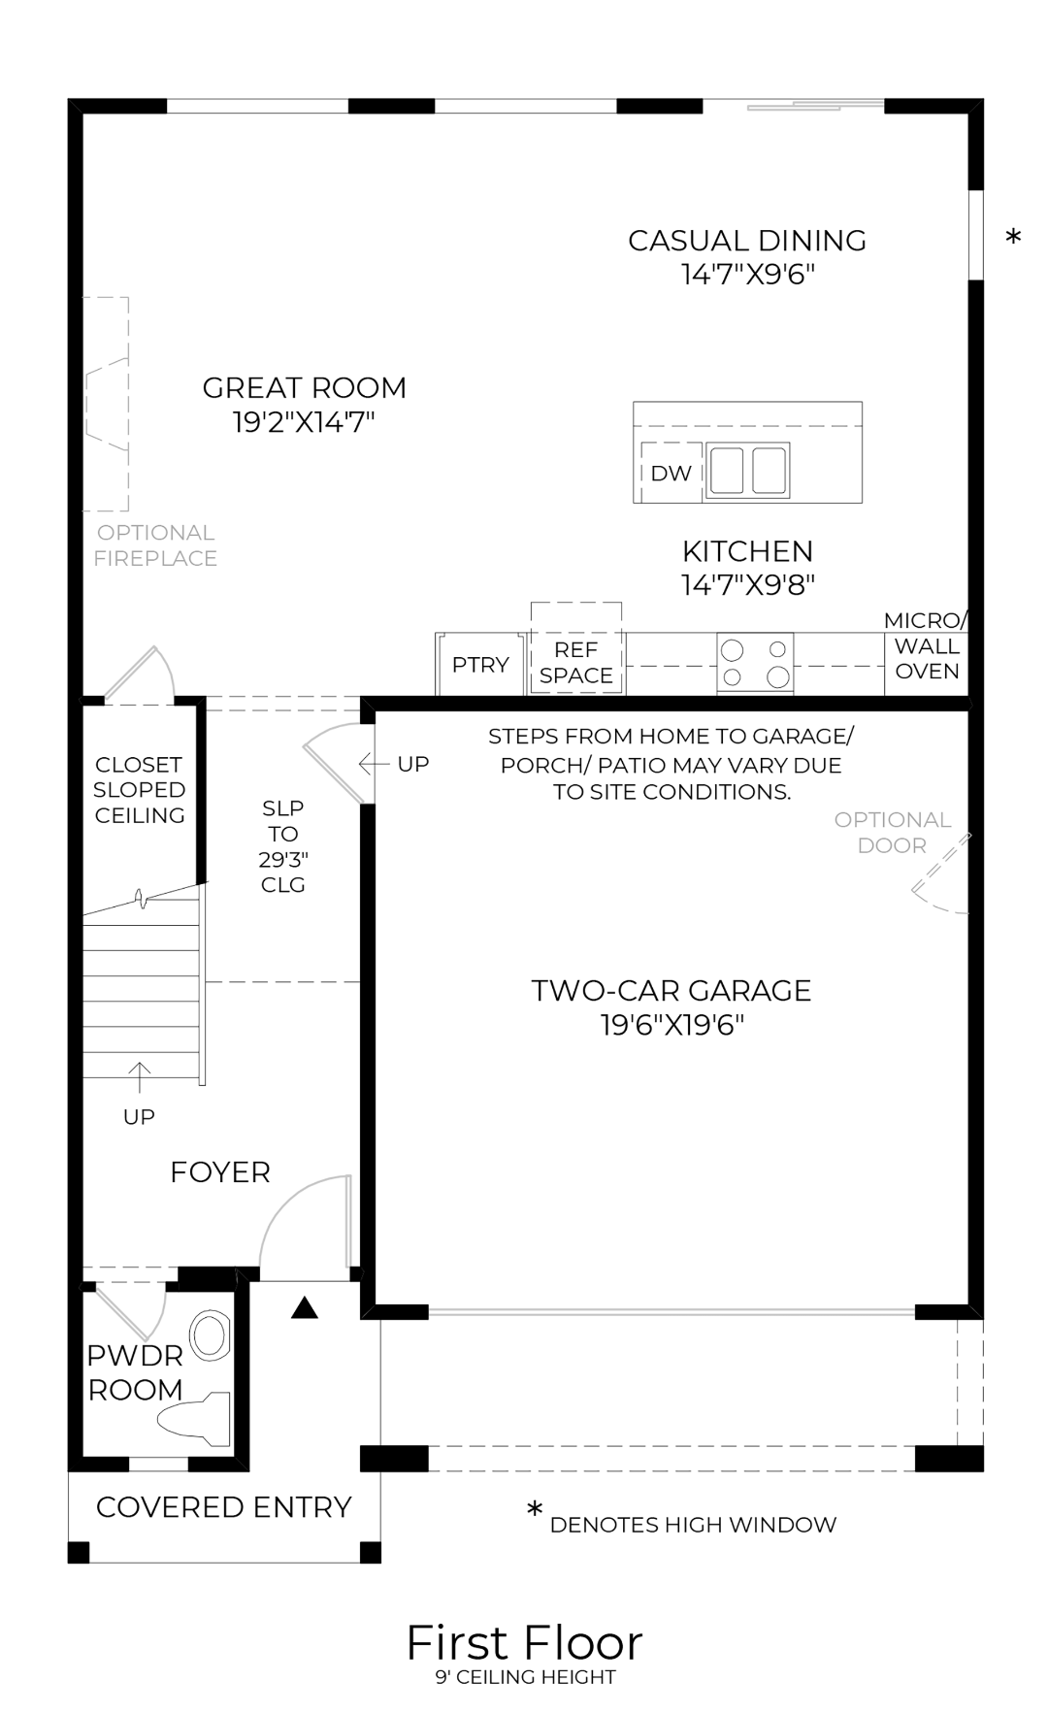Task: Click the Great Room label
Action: [304, 388]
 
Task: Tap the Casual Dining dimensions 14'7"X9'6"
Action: [747, 275]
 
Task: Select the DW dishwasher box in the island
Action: [671, 473]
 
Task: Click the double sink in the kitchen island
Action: [746, 470]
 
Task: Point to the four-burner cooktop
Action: [755, 664]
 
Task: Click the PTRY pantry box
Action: [480, 665]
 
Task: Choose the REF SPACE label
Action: [576, 663]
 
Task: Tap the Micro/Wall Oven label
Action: [927, 646]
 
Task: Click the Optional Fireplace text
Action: [155, 545]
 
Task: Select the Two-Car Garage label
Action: [671, 991]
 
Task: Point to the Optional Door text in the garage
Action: [892, 833]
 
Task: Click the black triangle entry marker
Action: [305, 1309]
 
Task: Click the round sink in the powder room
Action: [209, 1335]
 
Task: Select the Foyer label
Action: [220, 1172]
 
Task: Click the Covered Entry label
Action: [223, 1507]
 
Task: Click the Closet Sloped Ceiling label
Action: [140, 790]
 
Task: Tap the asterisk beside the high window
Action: [1013, 238]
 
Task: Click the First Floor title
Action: [524, 1643]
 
